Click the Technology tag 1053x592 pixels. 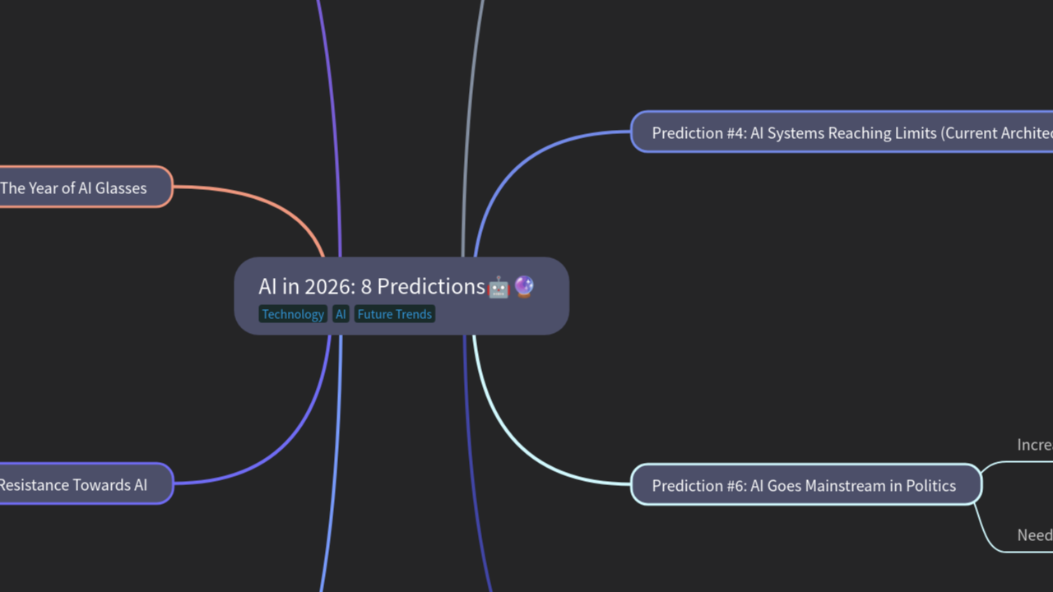pyautogui.click(x=293, y=314)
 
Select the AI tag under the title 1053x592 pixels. pyautogui.click(x=341, y=314)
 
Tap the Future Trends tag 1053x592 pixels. pyautogui.click(x=394, y=314)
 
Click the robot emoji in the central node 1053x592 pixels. pyautogui.click(x=499, y=287)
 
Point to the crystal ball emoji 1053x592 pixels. pyautogui.click(x=524, y=286)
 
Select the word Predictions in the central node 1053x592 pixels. pyautogui.click(x=431, y=286)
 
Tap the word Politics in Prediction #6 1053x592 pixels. pyautogui.click(x=927, y=485)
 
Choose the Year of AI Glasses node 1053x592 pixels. pyautogui.click(x=82, y=187)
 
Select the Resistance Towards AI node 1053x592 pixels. pyautogui.click(x=82, y=484)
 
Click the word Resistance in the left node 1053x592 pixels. pyautogui.click(x=33, y=484)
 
